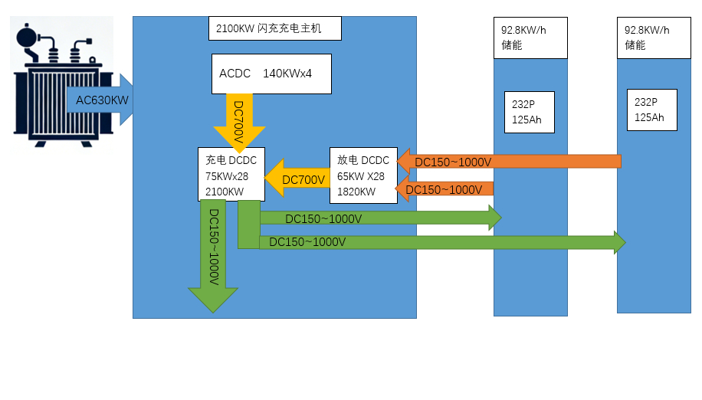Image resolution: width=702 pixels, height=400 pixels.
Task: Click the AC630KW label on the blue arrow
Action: [102, 100]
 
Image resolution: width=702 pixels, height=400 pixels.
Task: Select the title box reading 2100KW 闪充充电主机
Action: [274, 28]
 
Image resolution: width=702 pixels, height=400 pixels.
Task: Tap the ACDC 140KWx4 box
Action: [271, 74]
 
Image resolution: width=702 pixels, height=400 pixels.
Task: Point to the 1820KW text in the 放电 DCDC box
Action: [356, 192]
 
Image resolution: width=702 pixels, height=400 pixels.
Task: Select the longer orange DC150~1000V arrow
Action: [509, 162]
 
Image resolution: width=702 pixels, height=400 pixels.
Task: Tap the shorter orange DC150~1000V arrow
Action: [444, 189]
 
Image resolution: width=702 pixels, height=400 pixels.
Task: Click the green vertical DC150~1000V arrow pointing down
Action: [213, 253]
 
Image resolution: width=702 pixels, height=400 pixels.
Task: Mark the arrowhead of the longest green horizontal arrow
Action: [619, 242]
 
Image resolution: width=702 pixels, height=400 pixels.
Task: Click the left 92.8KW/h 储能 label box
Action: [530, 38]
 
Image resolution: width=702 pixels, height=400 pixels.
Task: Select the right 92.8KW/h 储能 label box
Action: [654, 38]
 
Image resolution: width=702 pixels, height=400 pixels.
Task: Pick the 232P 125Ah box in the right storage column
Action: [652, 110]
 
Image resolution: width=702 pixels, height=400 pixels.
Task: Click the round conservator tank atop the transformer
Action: [29, 36]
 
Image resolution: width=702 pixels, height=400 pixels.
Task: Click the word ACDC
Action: [235, 74]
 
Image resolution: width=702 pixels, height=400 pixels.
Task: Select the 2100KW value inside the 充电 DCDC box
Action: [225, 192]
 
